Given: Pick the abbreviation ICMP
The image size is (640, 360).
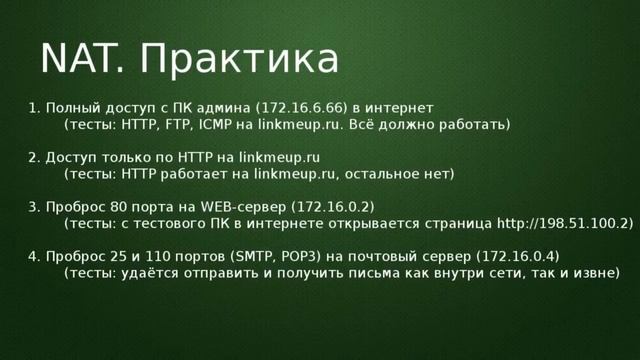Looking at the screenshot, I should (x=213, y=125).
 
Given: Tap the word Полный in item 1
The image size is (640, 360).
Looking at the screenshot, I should (x=70, y=106).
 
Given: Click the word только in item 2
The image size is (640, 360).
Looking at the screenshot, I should (x=119, y=156).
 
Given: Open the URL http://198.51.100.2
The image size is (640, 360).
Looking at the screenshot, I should (x=563, y=223).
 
